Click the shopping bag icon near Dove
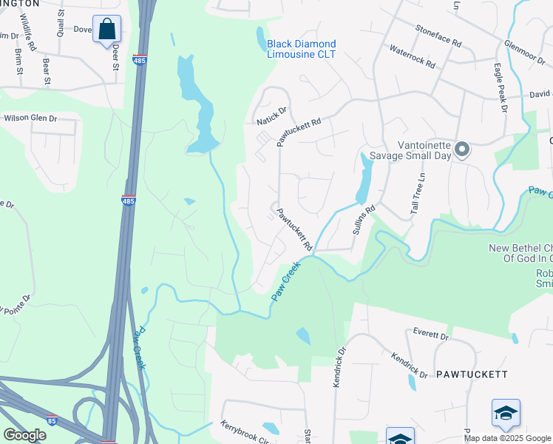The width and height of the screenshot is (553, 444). (x=106, y=30)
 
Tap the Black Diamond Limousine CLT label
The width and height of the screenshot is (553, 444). (x=301, y=50)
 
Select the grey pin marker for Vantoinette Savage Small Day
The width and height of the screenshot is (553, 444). (x=462, y=150)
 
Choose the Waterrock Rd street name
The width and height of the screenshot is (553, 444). (x=412, y=58)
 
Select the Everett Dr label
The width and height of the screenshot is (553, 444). (x=431, y=335)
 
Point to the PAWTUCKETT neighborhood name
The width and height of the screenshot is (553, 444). (x=470, y=374)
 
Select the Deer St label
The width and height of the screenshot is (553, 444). (x=115, y=56)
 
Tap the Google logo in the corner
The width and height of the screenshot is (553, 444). (x=24, y=435)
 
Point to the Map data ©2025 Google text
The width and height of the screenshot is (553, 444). (x=506, y=438)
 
